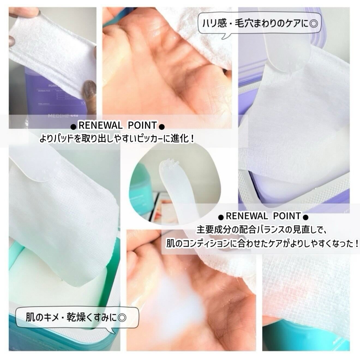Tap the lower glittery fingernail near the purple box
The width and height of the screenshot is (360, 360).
tap(89, 88)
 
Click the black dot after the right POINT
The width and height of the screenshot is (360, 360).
tap(306, 217)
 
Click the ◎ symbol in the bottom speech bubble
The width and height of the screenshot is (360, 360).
tap(122, 317)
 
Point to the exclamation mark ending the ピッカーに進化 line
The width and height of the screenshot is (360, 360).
tap(193, 139)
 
